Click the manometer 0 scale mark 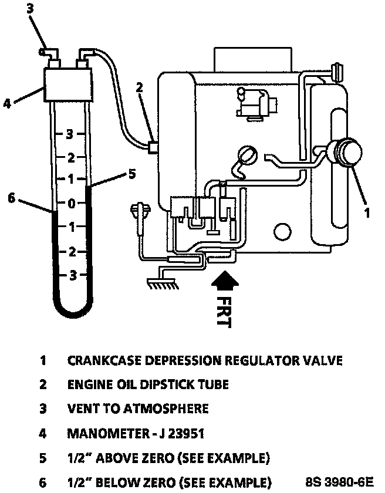click(x=72, y=204)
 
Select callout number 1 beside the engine click(x=367, y=212)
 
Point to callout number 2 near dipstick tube click(x=139, y=89)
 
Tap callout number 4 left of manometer click(x=8, y=104)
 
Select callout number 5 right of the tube click(x=133, y=174)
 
